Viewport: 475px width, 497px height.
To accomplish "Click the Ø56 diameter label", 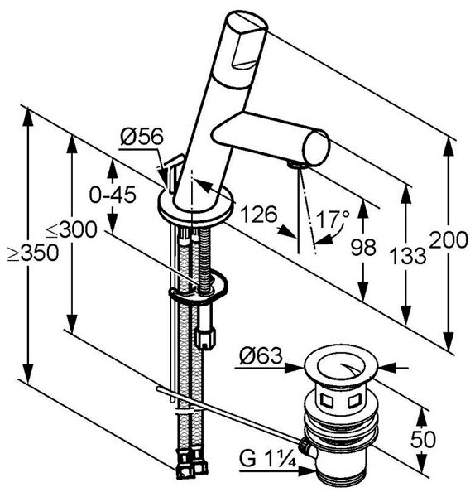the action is (x=142, y=137).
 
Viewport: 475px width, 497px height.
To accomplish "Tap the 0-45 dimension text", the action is (x=113, y=195).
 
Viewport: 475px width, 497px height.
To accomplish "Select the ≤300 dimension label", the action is (x=71, y=229).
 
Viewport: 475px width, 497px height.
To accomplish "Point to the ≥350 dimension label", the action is (x=33, y=253).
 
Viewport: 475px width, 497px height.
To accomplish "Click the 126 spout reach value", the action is (x=259, y=215).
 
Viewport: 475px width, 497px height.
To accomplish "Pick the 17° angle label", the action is (x=333, y=219).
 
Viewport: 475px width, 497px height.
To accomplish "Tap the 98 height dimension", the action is (x=363, y=247).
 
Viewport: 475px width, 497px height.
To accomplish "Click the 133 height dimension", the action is (x=407, y=255).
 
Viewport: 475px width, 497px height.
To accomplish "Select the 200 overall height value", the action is (x=449, y=239).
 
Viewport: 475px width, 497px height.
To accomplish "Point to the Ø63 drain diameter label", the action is (x=261, y=355).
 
